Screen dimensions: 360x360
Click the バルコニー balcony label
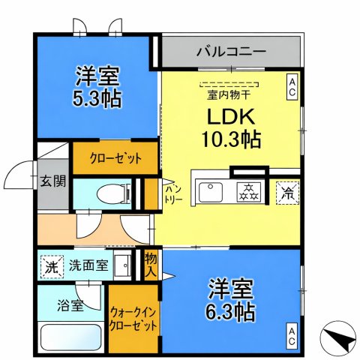231,52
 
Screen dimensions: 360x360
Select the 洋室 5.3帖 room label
98,86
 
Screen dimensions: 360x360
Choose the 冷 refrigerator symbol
287,191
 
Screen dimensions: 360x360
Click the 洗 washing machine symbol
51,265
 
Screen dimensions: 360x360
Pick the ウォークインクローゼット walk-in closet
133,321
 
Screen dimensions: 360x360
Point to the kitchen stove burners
248,192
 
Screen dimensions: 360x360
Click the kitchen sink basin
211,191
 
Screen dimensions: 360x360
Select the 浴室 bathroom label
71,304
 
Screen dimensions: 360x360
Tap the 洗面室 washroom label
90,265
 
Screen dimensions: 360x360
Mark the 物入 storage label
151,265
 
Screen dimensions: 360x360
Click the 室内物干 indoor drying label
229,94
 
